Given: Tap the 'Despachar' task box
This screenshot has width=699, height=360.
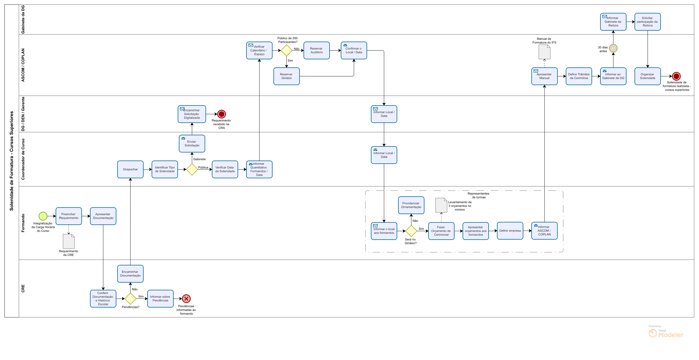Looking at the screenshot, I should click(x=130, y=169).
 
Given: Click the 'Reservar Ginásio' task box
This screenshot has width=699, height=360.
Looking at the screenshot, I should click(x=286, y=76).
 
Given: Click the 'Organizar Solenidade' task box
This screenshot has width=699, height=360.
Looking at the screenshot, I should click(x=647, y=76).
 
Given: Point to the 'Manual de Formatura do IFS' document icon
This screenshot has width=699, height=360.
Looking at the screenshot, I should click(x=544, y=52).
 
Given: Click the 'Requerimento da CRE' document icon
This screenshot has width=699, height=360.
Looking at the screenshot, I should click(x=69, y=241).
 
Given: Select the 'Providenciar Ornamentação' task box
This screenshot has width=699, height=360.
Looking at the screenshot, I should click(x=411, y=205).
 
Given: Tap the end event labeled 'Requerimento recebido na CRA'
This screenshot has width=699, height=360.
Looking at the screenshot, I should click(x=221, y=114).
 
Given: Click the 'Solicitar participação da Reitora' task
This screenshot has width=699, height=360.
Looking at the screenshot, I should click(x=647, y=22).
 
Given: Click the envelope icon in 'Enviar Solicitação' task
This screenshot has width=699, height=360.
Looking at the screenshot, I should click(x=183, y=138).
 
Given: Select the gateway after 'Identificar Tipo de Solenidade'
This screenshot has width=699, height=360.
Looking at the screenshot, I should click(x=192, y=169).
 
